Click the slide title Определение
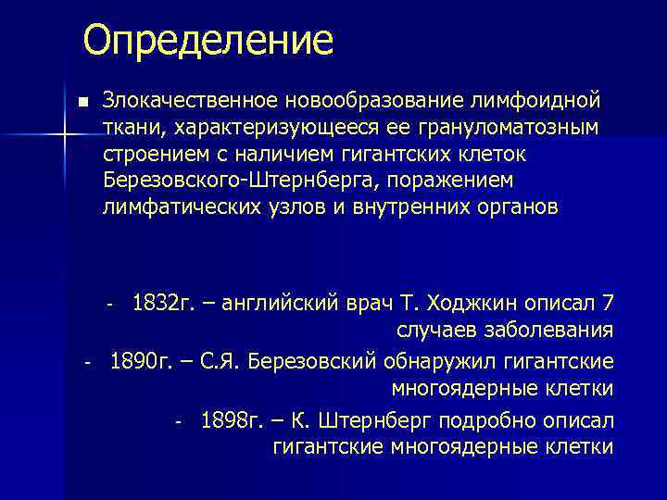click(x=207, y=40)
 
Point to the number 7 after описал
click(x=608, y=304)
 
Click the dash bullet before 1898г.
click(x=179, y=421)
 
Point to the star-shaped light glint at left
click(x=64, y=136)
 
